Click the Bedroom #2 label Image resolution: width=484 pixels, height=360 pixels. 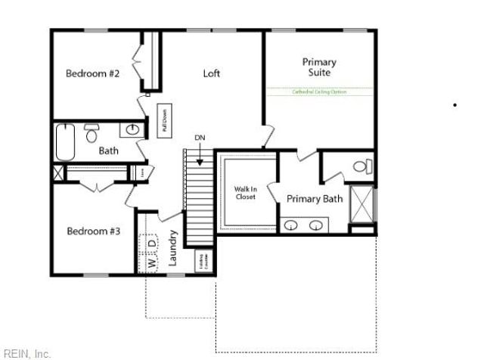[x=93, y=73]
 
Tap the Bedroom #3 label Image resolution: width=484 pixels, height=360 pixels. [x=93, y=231]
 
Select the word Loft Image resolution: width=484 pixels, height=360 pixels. [x=212, y=73]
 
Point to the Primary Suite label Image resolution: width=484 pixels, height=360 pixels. [x=319, y=67]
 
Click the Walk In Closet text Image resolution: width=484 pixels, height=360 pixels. [x=244, y=192]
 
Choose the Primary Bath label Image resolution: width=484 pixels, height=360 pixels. [x=315, y=199]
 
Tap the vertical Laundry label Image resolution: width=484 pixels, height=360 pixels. [x=172, y=247]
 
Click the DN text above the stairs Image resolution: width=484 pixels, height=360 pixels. [x=200, y=138]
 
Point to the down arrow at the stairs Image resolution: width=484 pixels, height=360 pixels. [x=200, y=157]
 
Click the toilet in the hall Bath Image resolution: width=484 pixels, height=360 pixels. [x=92, y=134]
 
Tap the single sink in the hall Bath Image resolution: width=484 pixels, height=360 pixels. [x=133, y=130]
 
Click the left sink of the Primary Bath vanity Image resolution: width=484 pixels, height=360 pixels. [x=292, y=225]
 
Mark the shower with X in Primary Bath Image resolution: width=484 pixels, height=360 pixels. [x=363, y=202]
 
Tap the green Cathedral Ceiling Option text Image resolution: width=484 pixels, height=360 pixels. [x=319, y=92]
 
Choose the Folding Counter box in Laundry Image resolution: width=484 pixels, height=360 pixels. [x=203, y=260]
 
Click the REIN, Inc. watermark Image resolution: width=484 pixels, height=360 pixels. [x=27, y=353]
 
